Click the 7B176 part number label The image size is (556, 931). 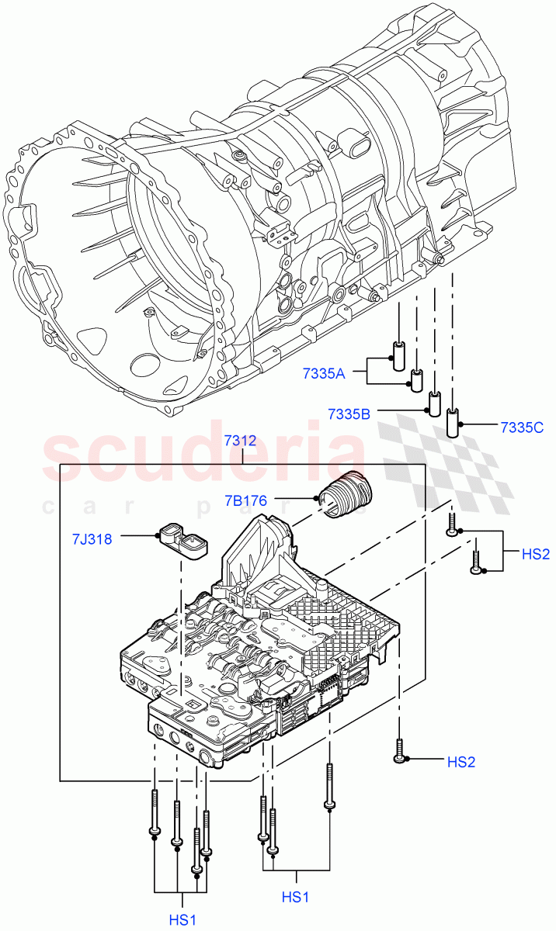tap(246, 501)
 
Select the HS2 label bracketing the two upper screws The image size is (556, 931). tap(535, 554)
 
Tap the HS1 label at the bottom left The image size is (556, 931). tap(183, 919)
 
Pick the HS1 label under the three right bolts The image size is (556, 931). tap(296, 897)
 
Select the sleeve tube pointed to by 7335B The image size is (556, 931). tap(435, 403)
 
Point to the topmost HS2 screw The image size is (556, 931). tap(452, 525)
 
